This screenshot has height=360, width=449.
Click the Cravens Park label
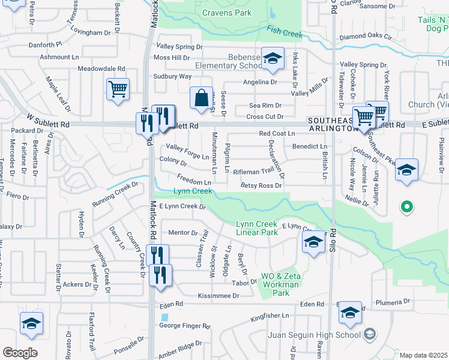227,13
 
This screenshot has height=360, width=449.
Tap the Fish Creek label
285,32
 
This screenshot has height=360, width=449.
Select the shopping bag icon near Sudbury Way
202,98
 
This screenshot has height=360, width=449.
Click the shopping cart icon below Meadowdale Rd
118,90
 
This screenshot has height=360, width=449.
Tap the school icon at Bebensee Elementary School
273,59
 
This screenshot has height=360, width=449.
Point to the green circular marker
406,208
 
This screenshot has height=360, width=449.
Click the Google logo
20,353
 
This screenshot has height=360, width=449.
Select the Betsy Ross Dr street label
261,186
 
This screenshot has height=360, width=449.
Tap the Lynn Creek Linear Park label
258,228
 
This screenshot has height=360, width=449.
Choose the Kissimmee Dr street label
218,296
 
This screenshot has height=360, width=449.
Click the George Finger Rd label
184,326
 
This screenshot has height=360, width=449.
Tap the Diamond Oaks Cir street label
365,37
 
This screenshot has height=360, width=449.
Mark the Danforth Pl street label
42,44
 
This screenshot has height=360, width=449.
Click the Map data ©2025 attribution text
424,355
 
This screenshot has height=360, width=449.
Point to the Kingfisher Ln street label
270,315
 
